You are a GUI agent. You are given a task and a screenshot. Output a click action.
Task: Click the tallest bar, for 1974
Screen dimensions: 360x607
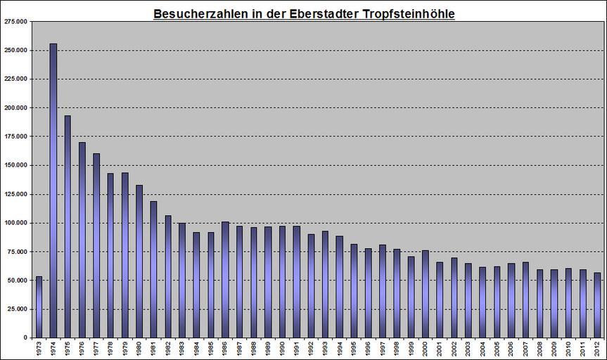53,190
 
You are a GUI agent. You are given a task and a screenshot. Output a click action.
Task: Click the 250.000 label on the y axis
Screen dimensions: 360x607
16,51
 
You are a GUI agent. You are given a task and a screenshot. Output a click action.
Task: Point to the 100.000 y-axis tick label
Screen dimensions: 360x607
16,223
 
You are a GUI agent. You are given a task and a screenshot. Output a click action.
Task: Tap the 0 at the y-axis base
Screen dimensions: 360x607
25,337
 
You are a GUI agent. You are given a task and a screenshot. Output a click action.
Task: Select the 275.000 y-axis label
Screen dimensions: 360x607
16,22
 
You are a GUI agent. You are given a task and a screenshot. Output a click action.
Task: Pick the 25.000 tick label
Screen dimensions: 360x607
18,309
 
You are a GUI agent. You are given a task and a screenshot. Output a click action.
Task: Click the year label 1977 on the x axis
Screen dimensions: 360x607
96,349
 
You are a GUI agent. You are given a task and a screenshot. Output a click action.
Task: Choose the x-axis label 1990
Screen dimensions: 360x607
282,349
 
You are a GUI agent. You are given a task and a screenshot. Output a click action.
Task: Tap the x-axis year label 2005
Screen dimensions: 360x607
497,349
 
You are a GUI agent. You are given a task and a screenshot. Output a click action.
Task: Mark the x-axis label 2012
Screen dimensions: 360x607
596,349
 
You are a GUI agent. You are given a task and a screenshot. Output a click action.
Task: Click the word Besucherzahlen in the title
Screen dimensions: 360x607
198,14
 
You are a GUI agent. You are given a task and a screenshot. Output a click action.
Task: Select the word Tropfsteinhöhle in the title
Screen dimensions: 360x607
404,14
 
